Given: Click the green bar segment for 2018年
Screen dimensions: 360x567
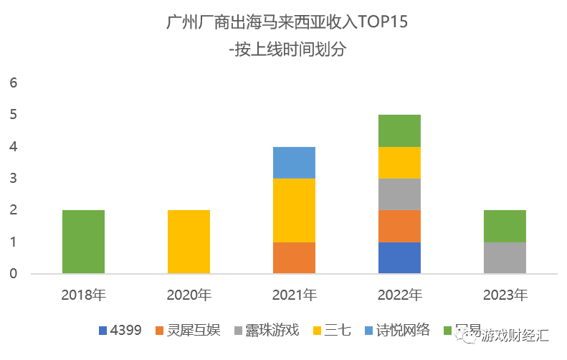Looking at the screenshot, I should (x=83, y=242).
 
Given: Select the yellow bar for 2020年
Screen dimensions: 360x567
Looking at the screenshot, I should (x=189, y=242).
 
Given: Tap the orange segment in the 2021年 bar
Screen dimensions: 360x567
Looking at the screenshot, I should (x=294, y=257).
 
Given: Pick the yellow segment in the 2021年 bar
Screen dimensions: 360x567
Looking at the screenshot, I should (x=294, y=210).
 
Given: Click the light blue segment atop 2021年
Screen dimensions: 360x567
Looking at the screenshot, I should (x=294, y=163).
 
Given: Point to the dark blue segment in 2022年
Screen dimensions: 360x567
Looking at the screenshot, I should (x=399, y=257).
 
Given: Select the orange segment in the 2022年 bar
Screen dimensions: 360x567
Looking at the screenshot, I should (x=399, y=226).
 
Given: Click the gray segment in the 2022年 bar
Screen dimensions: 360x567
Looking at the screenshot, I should (x=399, y=194).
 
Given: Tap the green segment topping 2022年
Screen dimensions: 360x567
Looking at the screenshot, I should (x=399, y=131).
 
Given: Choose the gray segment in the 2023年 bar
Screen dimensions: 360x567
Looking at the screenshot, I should (x=505, y=257).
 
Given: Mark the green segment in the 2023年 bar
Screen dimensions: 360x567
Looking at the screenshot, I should (x=505, y=226).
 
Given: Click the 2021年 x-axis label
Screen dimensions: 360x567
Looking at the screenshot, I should (x=294, y=295).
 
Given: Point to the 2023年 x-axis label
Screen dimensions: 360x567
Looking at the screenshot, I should (x=505, y=295).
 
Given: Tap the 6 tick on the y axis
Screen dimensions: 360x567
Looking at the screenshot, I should (x=12, y=83).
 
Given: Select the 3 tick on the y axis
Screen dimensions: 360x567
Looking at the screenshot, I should (x=12, y=179).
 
